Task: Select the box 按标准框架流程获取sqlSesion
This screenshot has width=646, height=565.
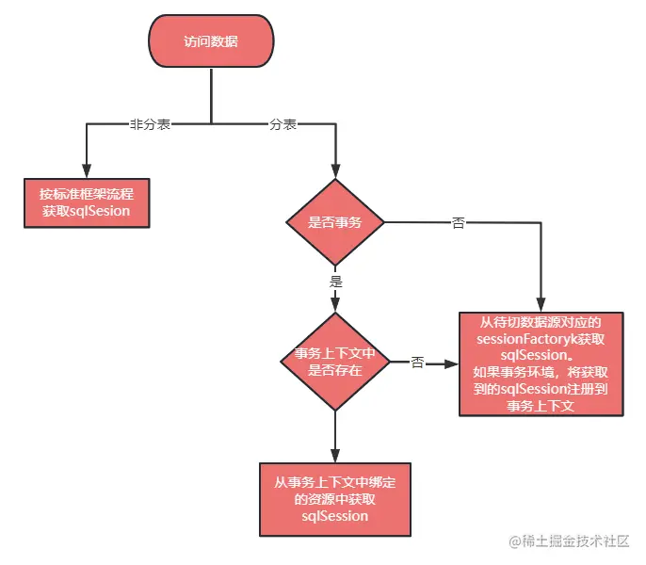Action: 86,203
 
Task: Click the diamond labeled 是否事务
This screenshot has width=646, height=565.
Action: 334,223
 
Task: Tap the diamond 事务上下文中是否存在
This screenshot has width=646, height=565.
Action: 334,363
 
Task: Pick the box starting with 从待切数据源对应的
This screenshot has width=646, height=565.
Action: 541,363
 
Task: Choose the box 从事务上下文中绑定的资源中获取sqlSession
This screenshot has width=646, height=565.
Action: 334,499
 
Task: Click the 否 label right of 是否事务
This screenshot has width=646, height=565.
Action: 459,223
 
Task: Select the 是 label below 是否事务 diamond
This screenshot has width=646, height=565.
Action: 335,282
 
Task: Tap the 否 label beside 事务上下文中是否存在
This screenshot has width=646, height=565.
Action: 417,363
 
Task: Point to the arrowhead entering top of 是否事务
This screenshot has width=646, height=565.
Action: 334,172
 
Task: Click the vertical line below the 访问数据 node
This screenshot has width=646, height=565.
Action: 211,94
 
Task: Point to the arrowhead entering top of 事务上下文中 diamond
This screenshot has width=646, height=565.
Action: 334,309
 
